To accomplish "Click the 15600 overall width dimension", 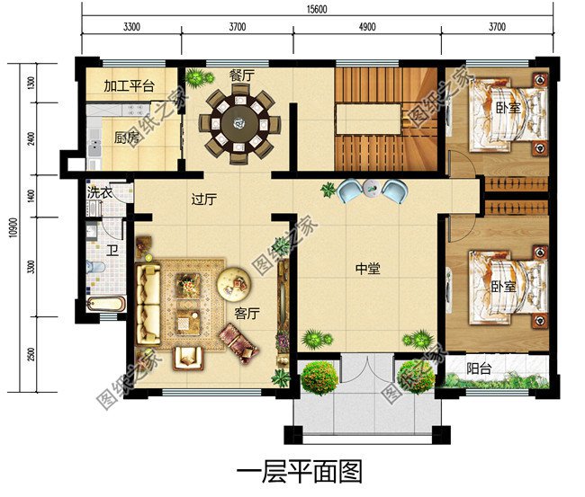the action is (x=317, y=9).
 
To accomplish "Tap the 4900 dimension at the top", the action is (x=367, y=27).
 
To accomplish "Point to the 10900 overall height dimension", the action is (x=13, y=228).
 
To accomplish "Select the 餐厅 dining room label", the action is (x=242, y=75).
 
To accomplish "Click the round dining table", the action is (x=239, y=124).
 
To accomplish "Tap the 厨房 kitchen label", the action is (x=127, y=138).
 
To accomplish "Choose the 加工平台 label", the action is (x=129, y=86).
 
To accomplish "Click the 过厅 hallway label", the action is (x=204, y=200).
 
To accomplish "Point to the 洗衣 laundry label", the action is (x=100, y=193).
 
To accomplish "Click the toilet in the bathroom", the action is (x=95, y=267).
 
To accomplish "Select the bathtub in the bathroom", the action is (x=105, y=305).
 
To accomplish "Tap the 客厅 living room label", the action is (x=247, y=314).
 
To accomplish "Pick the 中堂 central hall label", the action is (x=367, y=268).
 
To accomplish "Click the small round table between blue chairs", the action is (x=372, y=188).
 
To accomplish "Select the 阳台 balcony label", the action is (x=479, y=368).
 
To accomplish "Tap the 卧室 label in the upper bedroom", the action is (x=508, y=108).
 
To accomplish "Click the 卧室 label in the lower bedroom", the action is (x=503, y=287).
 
